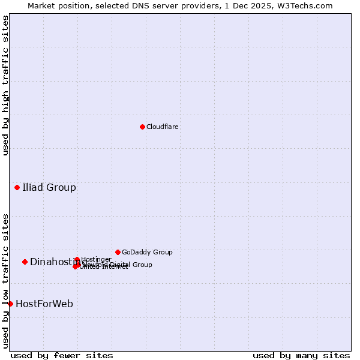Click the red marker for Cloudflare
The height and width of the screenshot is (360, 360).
[142, 127]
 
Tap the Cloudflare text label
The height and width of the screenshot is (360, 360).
[162, 127]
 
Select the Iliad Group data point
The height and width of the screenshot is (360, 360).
[17, 188]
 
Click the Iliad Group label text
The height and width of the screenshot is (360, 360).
[49, 188]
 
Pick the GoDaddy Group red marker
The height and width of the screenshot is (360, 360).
[118, 252]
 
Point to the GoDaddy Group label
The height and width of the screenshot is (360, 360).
[147, 252]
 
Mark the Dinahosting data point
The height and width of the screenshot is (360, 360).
[25, 262]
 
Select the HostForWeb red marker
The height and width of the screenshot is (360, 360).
[10, 304]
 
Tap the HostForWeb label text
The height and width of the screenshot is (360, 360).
[44, 304]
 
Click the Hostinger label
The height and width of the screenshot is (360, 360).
[96, 259]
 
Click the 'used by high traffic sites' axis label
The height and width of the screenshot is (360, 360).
[5, 85]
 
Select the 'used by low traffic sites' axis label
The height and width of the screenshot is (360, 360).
[5, 280]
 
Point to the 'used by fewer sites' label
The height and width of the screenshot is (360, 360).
[62, 355]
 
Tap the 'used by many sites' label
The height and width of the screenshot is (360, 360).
[301, 355]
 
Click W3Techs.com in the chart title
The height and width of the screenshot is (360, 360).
[307, 5]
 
